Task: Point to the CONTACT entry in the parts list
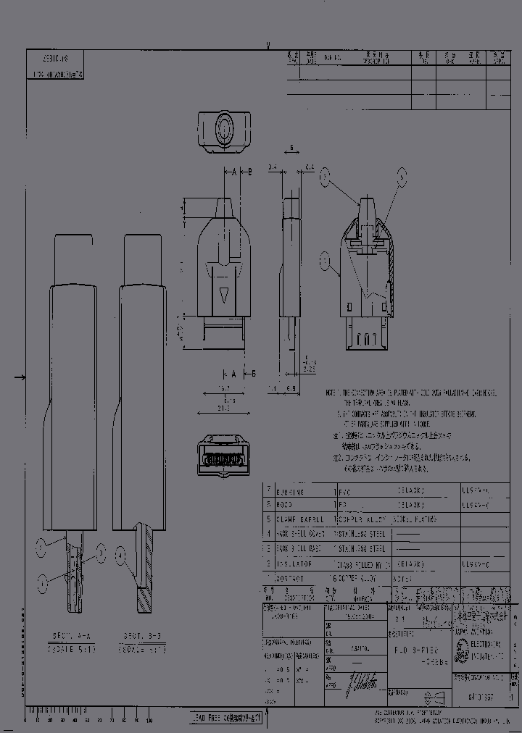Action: point(289,578)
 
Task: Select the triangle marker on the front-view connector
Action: point(225,295)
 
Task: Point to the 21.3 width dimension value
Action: point(223,408)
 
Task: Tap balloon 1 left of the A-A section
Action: point(44,579)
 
